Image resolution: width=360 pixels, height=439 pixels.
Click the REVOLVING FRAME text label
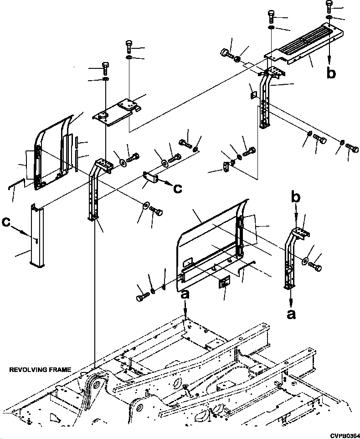pos(40,370)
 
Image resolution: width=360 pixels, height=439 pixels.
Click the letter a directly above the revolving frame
pos(185,295)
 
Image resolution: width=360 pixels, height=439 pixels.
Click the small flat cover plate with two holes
pos(116,112)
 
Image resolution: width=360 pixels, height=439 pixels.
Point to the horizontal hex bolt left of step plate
pos(226,55)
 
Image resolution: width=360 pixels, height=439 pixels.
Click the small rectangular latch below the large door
pos(224,283)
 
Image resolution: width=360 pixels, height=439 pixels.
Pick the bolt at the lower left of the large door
pos(140,297)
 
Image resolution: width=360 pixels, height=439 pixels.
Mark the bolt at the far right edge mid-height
pos(352,148)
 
